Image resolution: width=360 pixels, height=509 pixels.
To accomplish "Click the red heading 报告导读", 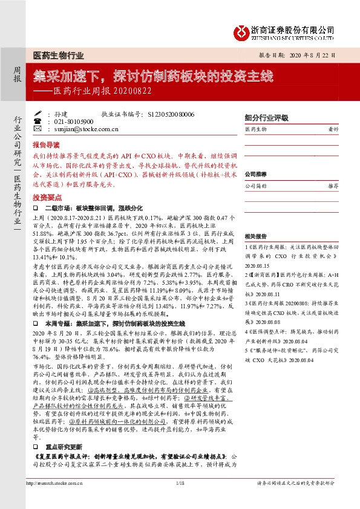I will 46,145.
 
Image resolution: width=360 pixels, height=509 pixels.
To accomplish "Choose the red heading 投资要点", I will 46,198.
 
